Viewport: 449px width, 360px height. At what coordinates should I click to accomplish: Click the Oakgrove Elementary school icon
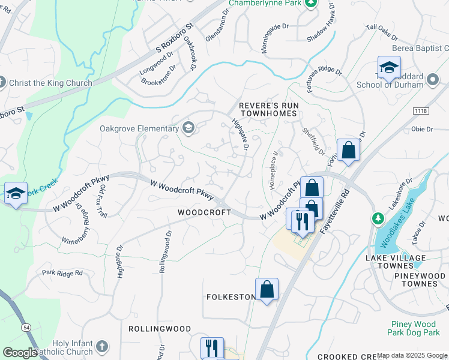(188, 128)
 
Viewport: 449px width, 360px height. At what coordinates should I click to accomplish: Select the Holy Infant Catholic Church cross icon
(102, 346)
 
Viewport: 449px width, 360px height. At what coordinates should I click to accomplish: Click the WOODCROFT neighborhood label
(204, 212)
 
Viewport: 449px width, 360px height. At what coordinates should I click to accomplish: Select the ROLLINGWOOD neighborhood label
(160, 329)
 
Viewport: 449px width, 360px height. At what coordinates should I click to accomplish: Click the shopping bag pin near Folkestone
(267, 289)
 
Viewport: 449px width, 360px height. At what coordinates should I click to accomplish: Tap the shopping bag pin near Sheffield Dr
(348, 151)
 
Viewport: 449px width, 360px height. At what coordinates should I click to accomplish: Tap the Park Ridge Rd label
(62, 274)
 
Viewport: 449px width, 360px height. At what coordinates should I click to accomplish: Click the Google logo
(20, 353)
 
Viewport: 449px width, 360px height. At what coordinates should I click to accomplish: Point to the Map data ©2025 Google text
(412, 355)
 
